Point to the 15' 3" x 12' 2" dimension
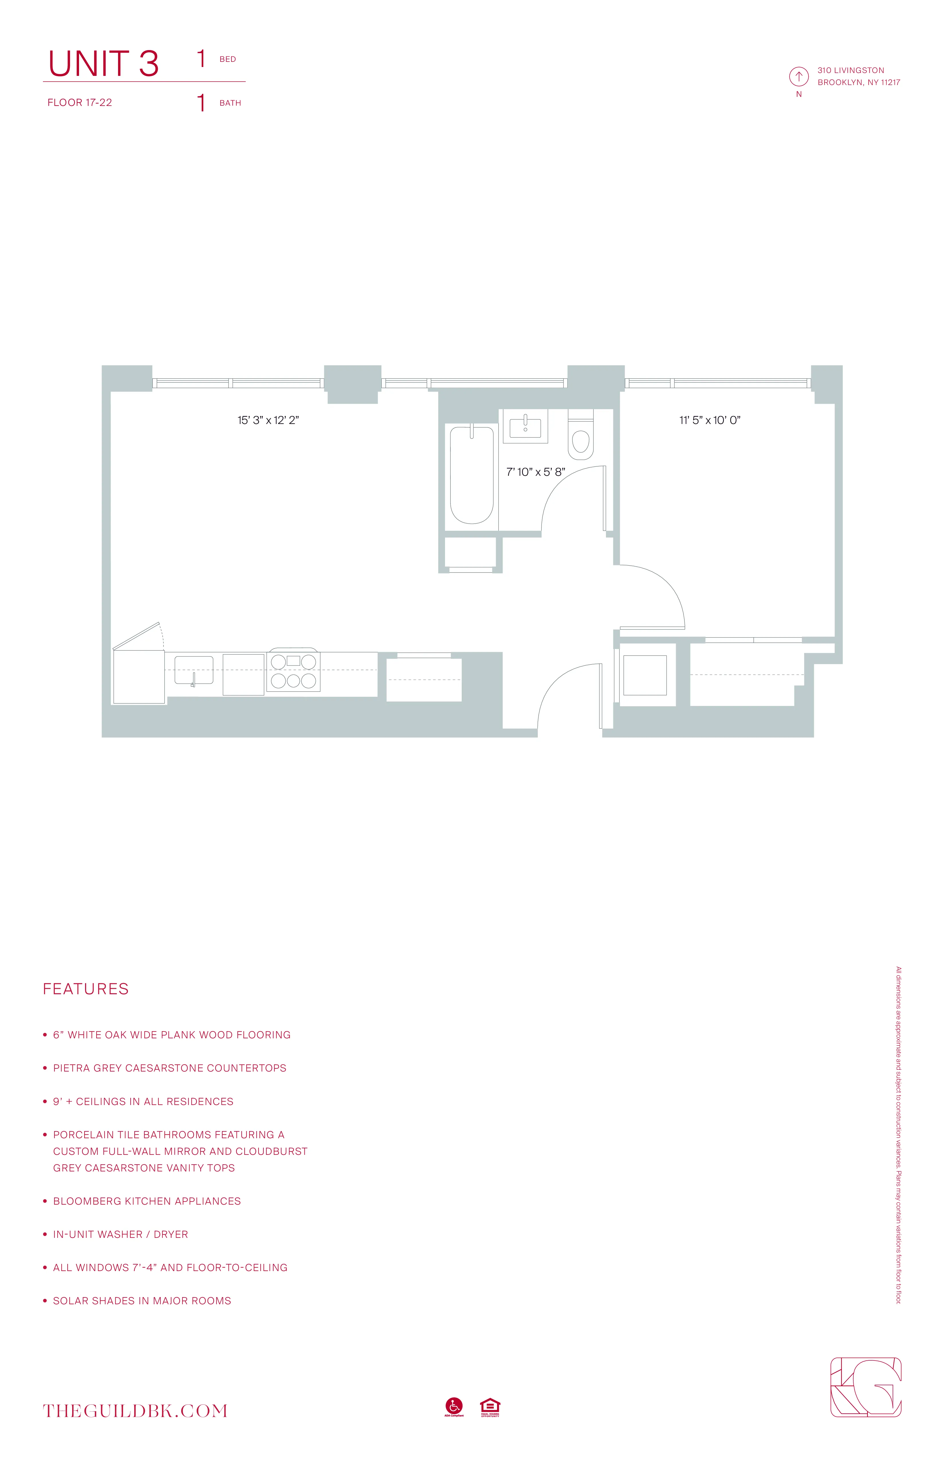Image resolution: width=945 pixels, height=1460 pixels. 268,420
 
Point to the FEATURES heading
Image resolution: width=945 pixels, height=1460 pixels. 86,989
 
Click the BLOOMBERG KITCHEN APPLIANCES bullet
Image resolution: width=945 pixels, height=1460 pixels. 147,1201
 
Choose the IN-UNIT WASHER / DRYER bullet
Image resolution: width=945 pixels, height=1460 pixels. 120,1234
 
